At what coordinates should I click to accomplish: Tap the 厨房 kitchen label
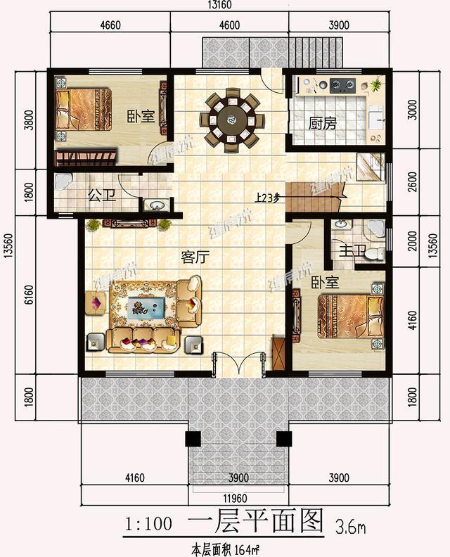(323, 124)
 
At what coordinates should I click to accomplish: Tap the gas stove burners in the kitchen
(341, 87)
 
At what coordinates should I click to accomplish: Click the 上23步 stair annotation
(267, 198)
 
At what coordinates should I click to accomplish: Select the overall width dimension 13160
(218, 7)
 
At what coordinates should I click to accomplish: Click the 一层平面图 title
(255, 523)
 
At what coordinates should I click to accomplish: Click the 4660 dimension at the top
(107, 26)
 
